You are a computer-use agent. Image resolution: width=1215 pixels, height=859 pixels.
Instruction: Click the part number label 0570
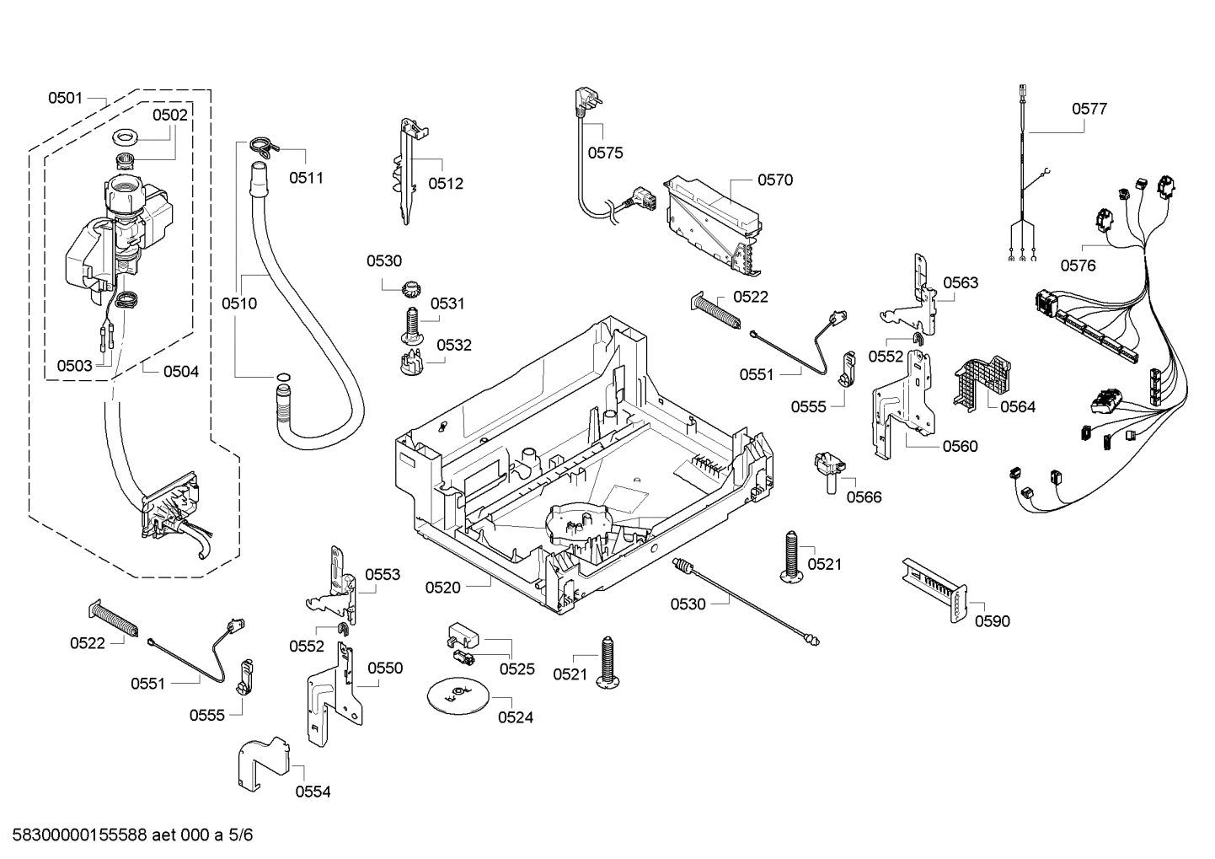(x=774, y=180)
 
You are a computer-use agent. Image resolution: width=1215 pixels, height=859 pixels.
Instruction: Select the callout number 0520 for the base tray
(x=442, y=587)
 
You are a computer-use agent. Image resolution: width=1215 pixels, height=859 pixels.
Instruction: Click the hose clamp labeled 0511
(x=264, y=147)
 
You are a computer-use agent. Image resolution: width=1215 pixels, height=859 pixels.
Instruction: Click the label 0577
(x=1089, y=109)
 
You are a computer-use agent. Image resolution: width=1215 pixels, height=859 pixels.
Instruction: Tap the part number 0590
(x=992, y=621)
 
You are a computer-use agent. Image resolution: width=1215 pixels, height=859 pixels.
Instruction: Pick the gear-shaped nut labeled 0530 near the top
(x=410, y=288)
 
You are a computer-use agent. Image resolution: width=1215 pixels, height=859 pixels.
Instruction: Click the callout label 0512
(x=446, y=184)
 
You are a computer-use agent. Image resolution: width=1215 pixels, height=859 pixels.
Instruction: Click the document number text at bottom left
(x=127, y=835)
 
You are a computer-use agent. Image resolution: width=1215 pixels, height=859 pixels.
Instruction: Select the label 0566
(x=864, y=497)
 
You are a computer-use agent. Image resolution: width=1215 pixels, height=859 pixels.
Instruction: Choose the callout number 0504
(x=180, y=371)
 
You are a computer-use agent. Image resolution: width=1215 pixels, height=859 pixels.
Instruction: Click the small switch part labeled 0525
(x=462, y=644)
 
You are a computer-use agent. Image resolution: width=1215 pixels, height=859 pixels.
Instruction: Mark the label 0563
(x=961, y=282)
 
